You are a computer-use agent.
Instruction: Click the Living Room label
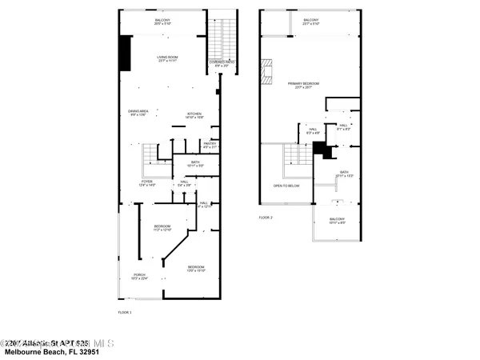[x=167, y=58]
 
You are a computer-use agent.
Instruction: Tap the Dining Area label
[x=138, y=113]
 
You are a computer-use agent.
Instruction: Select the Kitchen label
[x=194, y=115]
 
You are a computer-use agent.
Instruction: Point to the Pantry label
[x=210, y=146]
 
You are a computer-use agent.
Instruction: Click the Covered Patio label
[x=222, y=63]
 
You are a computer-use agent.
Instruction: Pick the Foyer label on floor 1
[x=147, y=183]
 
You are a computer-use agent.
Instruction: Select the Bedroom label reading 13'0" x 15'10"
[x=196, y=268]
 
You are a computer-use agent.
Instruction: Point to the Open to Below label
[x=286, y=186]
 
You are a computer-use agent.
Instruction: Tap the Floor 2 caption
[x=266, y=218]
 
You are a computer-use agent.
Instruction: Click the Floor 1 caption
[x=125, y=311]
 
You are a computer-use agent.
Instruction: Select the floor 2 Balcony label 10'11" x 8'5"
[x=338, y=221]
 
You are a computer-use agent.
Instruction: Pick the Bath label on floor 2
[x=344, y=174]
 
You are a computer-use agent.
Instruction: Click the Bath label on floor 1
[x=196, y=164]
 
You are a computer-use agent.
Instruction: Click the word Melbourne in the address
[x=24, y=352]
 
